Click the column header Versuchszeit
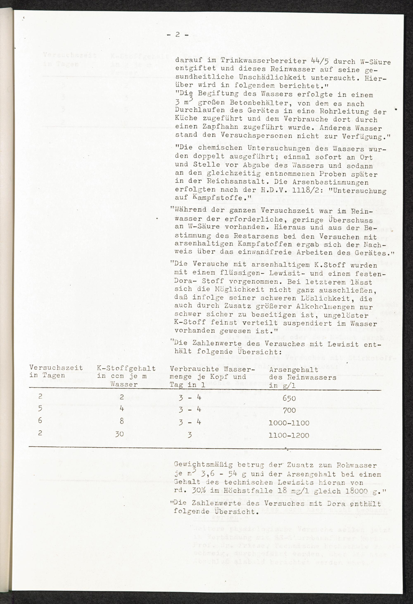click(x=56, y=368)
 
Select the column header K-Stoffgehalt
click(x=126, y=368)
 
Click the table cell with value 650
click(x=289, y=398)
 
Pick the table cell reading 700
click(x=289, y=410)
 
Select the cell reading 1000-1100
click(x=289, y=423)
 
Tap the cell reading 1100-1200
click(x=289, y=435)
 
